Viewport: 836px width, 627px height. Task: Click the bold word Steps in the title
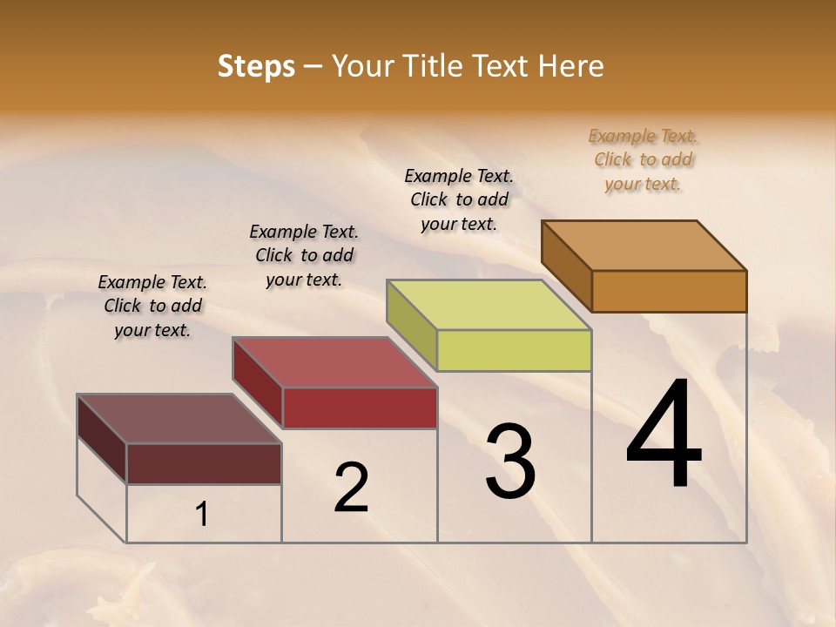point(256,66)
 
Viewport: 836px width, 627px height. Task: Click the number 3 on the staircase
point(510,462)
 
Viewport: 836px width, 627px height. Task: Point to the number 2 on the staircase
point(351,488)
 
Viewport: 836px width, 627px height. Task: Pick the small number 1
point(202,515)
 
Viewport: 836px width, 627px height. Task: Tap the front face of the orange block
point(669,291)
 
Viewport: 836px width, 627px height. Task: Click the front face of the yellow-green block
point(514,350)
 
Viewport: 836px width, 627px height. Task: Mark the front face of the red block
point(360,408)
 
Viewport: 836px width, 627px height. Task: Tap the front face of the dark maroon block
point(204,463)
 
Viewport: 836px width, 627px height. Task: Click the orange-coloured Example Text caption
point(643,160)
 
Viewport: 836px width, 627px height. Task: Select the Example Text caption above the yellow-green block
point(459,199)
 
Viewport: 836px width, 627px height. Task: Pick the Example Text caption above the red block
point(304,255)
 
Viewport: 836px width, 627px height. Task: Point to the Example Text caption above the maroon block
point(152,306)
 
